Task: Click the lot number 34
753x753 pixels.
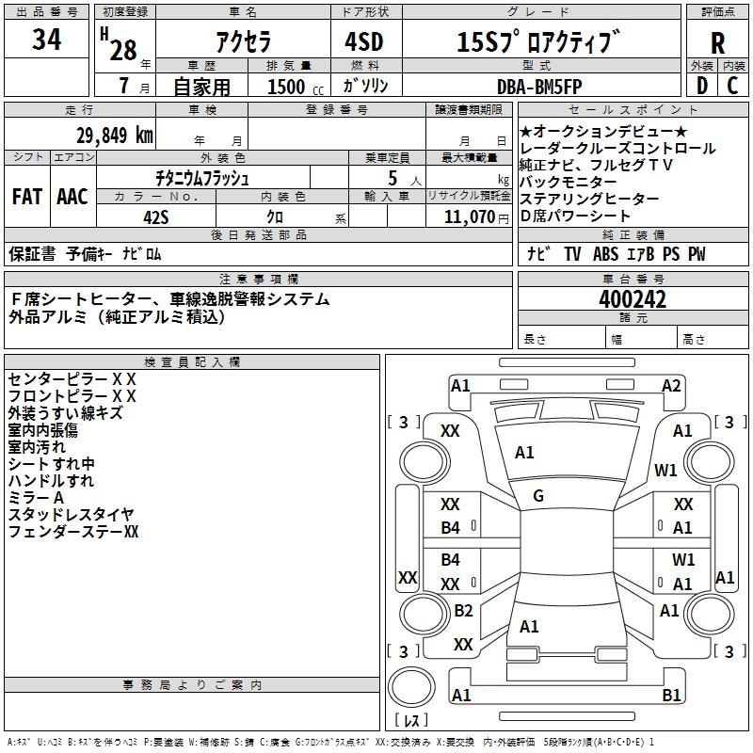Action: click(x=47, y=40)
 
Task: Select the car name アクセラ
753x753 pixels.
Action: click(x=242, y=42)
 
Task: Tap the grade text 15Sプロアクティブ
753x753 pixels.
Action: click(x=538, y=41)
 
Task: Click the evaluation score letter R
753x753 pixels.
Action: click(x=717, y=42)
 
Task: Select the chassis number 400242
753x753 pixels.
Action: click(x=633, y=299)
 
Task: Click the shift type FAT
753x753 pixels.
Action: click(x=27, y=197)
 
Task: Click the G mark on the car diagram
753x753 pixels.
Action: click(x=538, y=495)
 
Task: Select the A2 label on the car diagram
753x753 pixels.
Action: click(x=670, y=385)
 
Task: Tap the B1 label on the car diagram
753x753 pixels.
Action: click(x=671, y=696)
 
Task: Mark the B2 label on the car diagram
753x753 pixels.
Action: click(x=462, y=611)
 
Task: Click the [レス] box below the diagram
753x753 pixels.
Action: click(x=414, y=721)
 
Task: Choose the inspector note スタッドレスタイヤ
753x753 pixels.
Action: click(x=71, y=514)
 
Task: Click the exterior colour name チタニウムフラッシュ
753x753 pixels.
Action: click(x=202, y=177)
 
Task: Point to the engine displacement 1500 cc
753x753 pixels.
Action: click(x=291, y=87)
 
